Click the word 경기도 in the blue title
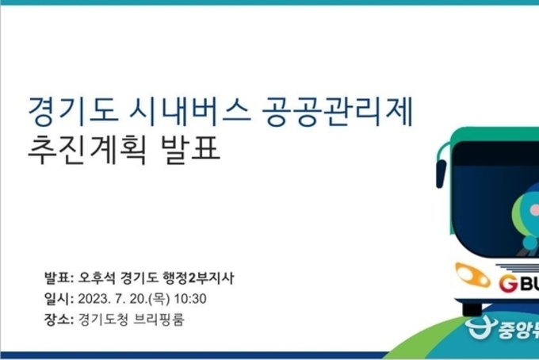(x=73, y=111)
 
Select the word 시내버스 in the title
(x=189, y=111)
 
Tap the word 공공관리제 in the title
(x=337, y=111)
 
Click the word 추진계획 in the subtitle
(x=88, y=149)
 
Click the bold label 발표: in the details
(x=59, y=278)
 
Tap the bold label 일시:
(x=59, y=298)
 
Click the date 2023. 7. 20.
(x=113, y=299)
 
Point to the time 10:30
(x=190, y=299)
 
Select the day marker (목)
(x=159, y=299)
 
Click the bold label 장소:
(x=59, y=319)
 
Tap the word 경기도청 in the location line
(x=103, y=320)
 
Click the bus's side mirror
(x=441, y=174)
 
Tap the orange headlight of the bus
(x=472, y=274)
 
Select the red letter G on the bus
(x=508, y=284)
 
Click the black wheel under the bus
(x=472, y=308)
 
